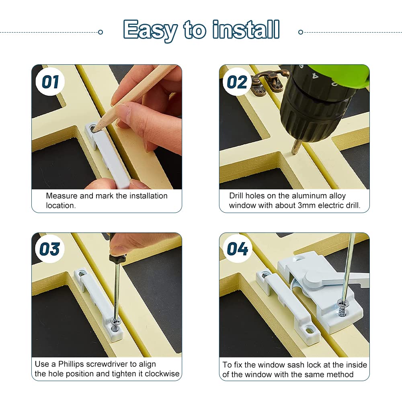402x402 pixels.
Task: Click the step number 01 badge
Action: (50, 82)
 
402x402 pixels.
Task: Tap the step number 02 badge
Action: (237, 82)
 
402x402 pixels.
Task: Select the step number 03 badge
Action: (50, 249)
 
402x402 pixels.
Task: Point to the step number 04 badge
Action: (238, 249)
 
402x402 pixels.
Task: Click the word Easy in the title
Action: (150, 31)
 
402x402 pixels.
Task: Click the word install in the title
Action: (246, 29)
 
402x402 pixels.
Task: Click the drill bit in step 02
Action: (296, 147)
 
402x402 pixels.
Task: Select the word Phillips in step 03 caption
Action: (71, 364)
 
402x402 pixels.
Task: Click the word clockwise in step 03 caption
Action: (162, 374)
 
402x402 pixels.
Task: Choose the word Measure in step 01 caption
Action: (62, 196)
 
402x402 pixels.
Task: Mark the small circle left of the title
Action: (100, 32)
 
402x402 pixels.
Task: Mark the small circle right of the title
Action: (301, 32)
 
